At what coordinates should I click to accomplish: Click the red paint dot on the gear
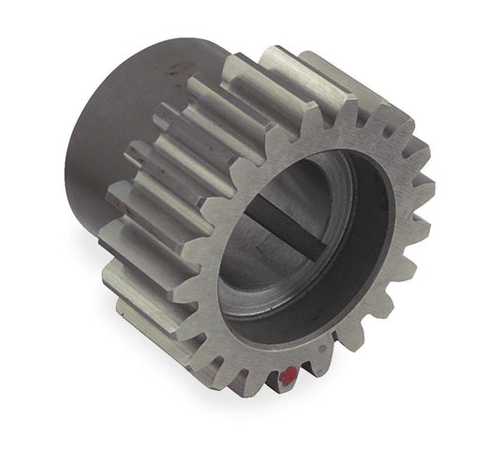click(x=287, y=380)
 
